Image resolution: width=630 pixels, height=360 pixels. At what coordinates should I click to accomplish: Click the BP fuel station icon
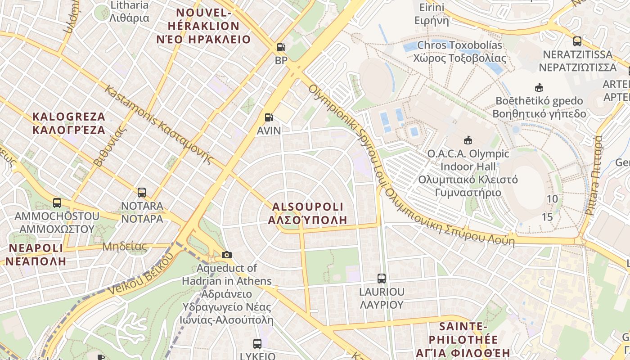click(x=281, y=47)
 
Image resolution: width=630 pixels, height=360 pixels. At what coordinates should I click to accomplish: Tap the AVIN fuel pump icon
click(x=269, y=117)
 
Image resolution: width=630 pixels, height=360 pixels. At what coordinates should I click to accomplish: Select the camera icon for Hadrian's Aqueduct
click(x=227, y=255)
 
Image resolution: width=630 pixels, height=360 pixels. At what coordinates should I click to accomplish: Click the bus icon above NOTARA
click(x=142, y=193)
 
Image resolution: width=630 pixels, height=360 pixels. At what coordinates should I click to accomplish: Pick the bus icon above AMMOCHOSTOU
click(x=57, y=203)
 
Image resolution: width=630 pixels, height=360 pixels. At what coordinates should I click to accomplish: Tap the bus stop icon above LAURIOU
click(x=382, y=279)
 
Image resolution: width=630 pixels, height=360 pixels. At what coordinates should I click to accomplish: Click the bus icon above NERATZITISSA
click(x=577, y=41)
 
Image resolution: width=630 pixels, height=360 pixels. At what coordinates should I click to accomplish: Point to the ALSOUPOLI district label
click(x=308, y=213)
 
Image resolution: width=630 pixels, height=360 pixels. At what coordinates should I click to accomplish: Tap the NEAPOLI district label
click(x=36, y=254)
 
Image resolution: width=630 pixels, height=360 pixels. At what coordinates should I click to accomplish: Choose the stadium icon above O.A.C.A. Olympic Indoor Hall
click(x=468, y=140)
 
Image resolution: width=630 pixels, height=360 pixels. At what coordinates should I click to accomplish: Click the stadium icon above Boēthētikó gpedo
click(x=539, y=87)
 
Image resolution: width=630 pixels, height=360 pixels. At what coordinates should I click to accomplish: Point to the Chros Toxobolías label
click(x=459, y=51)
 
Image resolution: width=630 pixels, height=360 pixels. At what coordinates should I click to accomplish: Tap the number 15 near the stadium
click(x=547, y=217)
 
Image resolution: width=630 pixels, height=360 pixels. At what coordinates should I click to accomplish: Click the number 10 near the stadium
click(x=552, y=199)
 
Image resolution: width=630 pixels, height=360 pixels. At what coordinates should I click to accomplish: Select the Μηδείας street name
click(x=125, y=246)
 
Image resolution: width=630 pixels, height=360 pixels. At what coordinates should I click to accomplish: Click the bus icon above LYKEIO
click(x=257, y=344)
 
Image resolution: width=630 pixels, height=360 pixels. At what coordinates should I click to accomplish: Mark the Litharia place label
click(x=129, y=12)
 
